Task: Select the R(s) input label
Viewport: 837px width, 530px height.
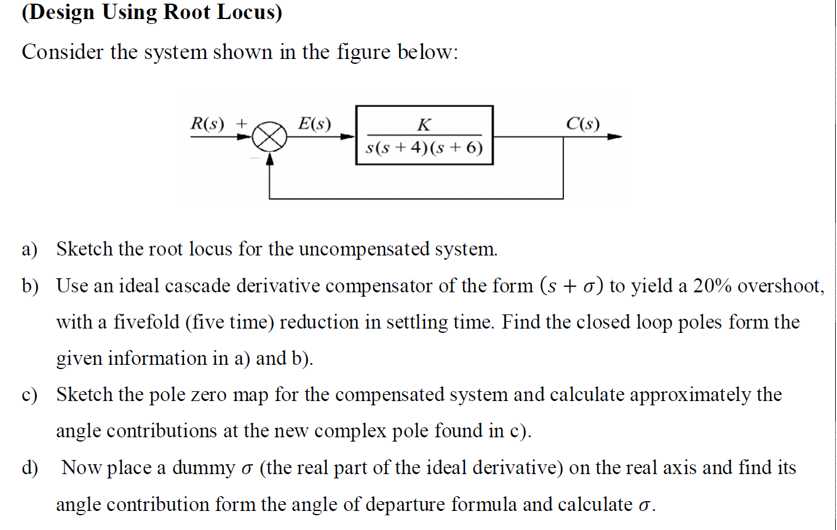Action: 208,123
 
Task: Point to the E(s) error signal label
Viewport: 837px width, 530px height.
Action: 314,123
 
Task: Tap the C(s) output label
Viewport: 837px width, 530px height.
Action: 582,123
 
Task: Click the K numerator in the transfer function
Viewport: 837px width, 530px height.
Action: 424,125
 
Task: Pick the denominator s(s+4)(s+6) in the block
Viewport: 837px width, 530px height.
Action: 424,148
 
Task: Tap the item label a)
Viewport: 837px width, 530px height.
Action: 30,250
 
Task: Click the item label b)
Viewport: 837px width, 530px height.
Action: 30,286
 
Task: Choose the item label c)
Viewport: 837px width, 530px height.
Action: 30,395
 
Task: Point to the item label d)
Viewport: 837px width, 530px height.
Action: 30,468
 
